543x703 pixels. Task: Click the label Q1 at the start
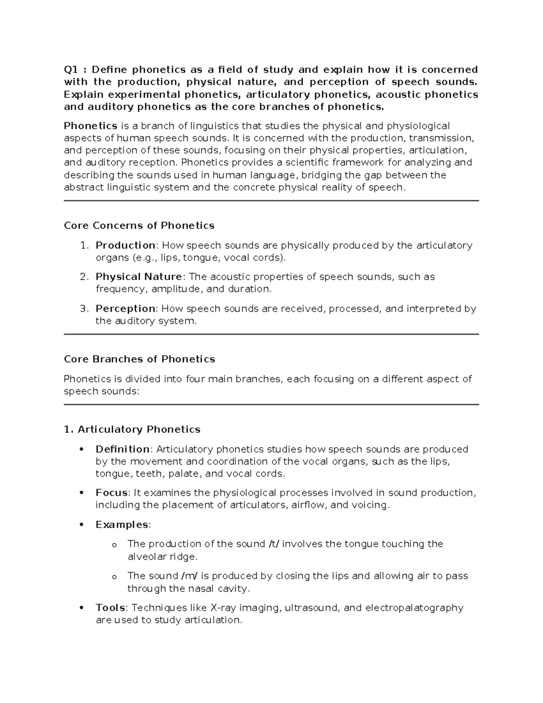71,70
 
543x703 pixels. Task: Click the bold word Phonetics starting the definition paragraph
90,125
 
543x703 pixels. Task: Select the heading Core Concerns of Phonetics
139,225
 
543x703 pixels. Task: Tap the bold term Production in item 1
125,245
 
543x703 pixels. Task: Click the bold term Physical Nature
139,277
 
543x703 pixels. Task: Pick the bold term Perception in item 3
125,309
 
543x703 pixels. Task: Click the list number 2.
83,277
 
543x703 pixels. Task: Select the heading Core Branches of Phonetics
139,359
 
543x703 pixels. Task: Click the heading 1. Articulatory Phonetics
132,429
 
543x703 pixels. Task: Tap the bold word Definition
123,449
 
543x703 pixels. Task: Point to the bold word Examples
122,525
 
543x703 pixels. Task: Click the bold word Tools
110,607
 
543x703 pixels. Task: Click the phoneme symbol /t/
274,544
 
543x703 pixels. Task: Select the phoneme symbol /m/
189,576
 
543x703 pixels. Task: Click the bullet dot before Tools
81,608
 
